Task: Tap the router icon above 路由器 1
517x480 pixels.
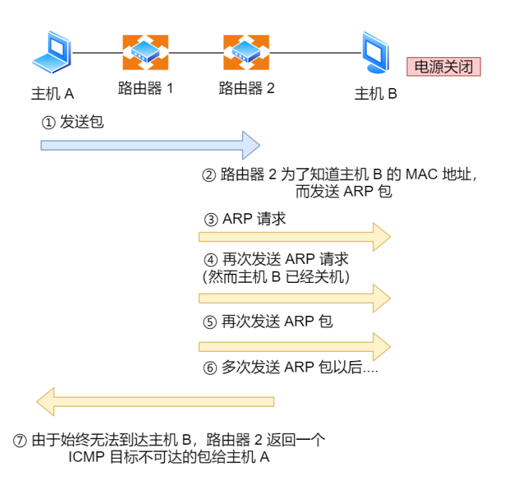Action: pyautogui.click(x=145, y=52)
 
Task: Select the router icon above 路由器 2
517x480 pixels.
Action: pyautogui.click(x=246, y=52)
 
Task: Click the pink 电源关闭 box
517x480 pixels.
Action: pyautogui.click(x=443, y=67)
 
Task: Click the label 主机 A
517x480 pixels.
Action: pyautogui.click(x=53, y=94)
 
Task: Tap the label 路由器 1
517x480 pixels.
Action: pyautogui.click(x=145, y=89)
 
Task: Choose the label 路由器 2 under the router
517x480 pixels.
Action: pyautogui.click(x=246, y=89)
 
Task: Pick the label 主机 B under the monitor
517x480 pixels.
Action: pyautogui.click(x=375, y=94)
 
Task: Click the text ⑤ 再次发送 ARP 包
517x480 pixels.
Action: pyautogui.click(x=268, y=322)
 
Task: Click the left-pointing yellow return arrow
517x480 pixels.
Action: pyautogui.click(x=155, y=402)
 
